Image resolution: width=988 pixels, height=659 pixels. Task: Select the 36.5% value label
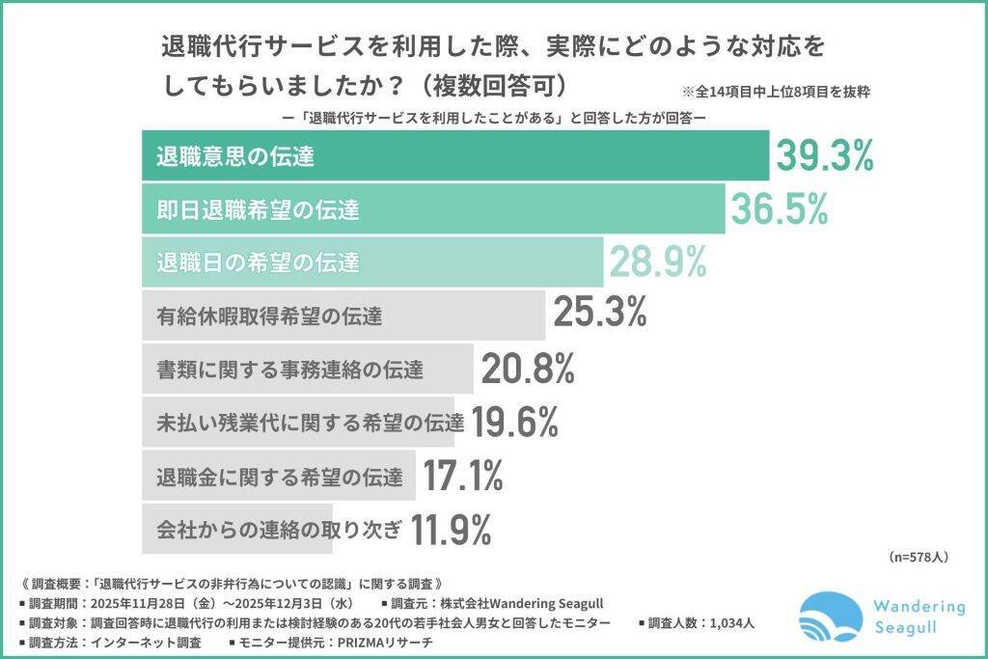pos(779,208)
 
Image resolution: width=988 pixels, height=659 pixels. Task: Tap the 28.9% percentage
pos(657,261)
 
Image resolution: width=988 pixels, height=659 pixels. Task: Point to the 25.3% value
pos(599,314)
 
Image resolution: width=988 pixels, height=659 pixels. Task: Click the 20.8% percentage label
pos(528,368)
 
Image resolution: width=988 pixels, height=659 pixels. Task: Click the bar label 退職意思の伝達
pos(235,155)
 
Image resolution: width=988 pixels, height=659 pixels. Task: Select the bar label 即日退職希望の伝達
pos(252,208)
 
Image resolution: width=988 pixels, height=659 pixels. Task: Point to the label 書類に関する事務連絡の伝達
pos(288,368)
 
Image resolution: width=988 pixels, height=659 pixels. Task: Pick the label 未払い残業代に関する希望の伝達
pos(310,422)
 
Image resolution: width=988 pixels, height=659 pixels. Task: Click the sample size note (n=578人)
pos(917,558)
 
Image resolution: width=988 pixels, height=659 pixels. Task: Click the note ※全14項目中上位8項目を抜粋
pos(777,93)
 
